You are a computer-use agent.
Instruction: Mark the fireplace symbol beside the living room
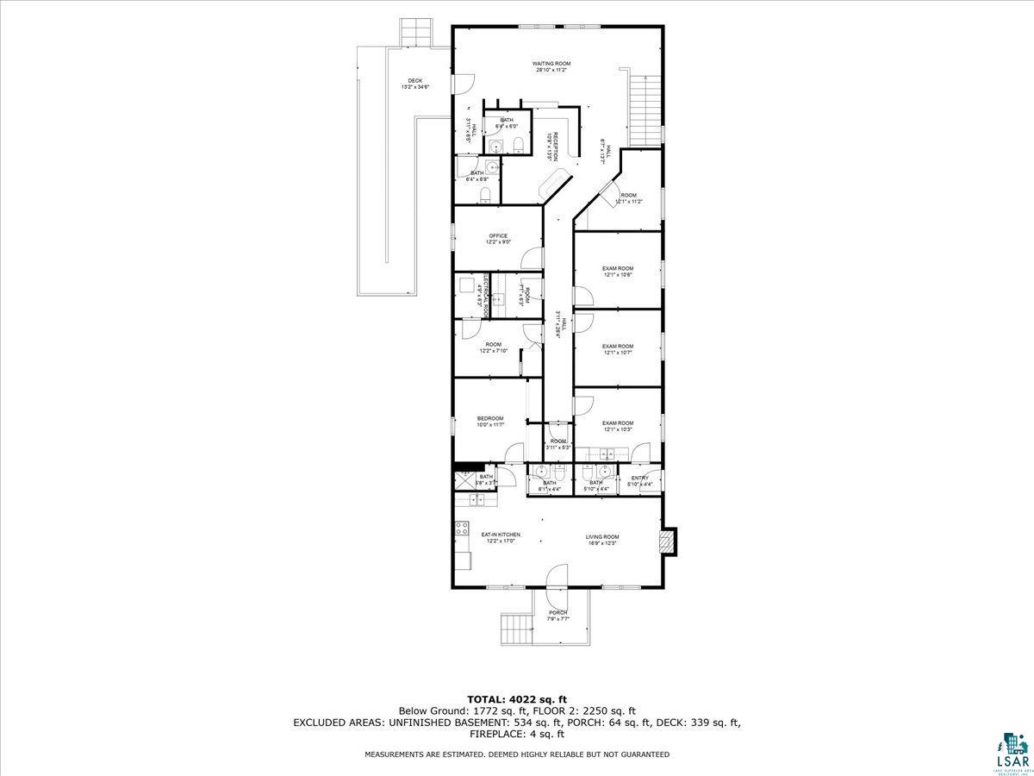point(667,541)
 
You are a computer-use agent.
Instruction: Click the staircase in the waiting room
point(645,110)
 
